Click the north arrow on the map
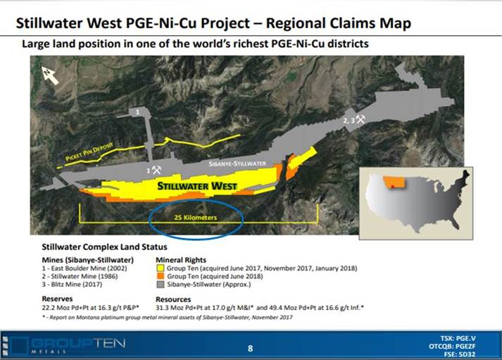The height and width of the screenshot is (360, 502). [49, 75]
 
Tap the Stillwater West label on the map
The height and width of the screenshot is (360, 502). [197, 186]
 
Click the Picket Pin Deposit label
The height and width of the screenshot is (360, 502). [89, 151]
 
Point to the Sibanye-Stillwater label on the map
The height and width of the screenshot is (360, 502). [237, 163]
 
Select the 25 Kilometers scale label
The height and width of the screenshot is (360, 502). [196, 218]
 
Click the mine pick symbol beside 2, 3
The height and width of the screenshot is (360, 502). [360, 119]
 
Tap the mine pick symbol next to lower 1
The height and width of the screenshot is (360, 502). [156, 170]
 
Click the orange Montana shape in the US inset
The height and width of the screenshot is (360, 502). [395, 182]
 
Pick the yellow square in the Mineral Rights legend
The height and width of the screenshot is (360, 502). [161, 268]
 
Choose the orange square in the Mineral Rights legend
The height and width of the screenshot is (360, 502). [161, 276]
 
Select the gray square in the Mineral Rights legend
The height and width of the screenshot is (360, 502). [161, 285]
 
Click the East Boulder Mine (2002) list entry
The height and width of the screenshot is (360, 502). [84, 268]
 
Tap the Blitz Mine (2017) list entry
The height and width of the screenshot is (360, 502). [72, 285]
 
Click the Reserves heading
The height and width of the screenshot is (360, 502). [57, 299]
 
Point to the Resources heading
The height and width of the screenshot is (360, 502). [173, 299]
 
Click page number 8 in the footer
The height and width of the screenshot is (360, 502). [251, 349]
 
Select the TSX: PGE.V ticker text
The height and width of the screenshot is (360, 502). [458, 338]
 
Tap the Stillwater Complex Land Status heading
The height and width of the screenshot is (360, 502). [104, 247]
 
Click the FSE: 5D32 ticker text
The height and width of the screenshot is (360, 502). [460, 354]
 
